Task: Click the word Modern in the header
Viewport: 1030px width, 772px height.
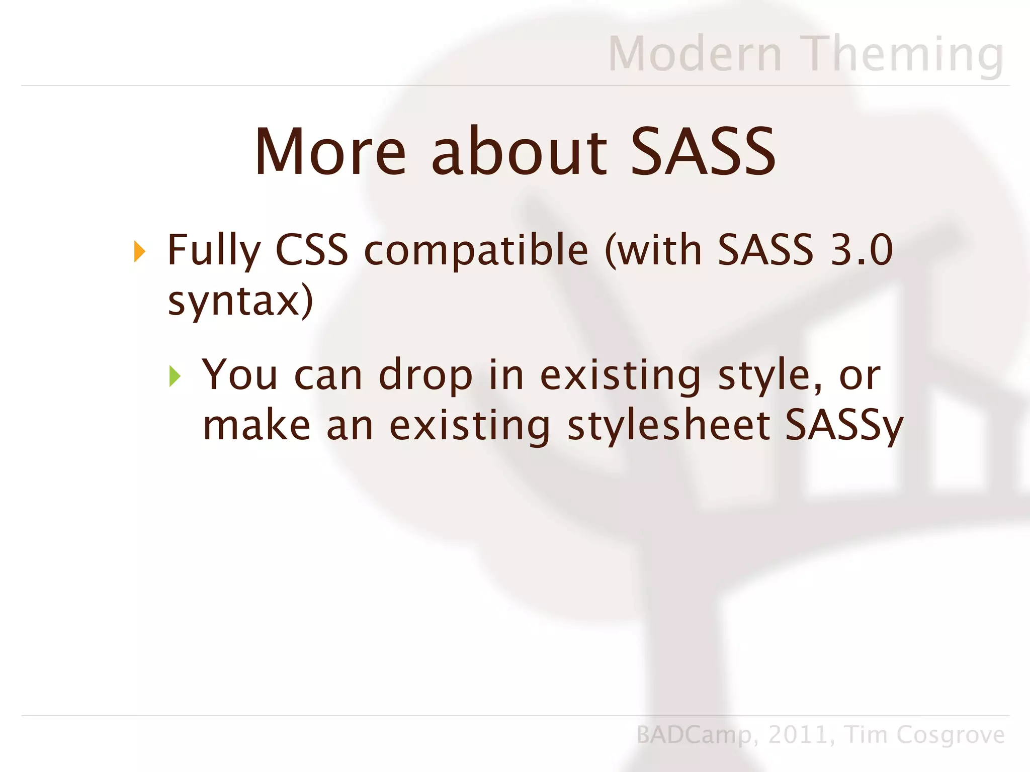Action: [695, 54]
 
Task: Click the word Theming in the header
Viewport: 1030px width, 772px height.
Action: [903, 54]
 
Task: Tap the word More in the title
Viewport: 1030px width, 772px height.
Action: [330, 152]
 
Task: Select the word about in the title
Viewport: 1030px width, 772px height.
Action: [519, 152]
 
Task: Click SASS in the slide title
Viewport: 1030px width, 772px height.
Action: [703, 152]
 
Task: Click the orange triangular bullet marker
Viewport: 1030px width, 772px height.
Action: [140, 251]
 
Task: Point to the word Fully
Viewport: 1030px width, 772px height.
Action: [214, 250]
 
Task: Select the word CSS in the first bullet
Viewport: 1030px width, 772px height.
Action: [312, 250]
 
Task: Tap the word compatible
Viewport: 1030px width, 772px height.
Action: [475, 250]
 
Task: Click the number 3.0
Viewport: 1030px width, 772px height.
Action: [862, 250]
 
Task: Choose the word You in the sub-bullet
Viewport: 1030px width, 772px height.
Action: [239, 375]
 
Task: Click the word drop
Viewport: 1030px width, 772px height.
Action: [425, 375]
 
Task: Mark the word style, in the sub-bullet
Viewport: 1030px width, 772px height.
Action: [770, 375]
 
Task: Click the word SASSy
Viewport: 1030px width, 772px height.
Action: [844, 426]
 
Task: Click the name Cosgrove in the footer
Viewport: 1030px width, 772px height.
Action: [951, 735]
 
